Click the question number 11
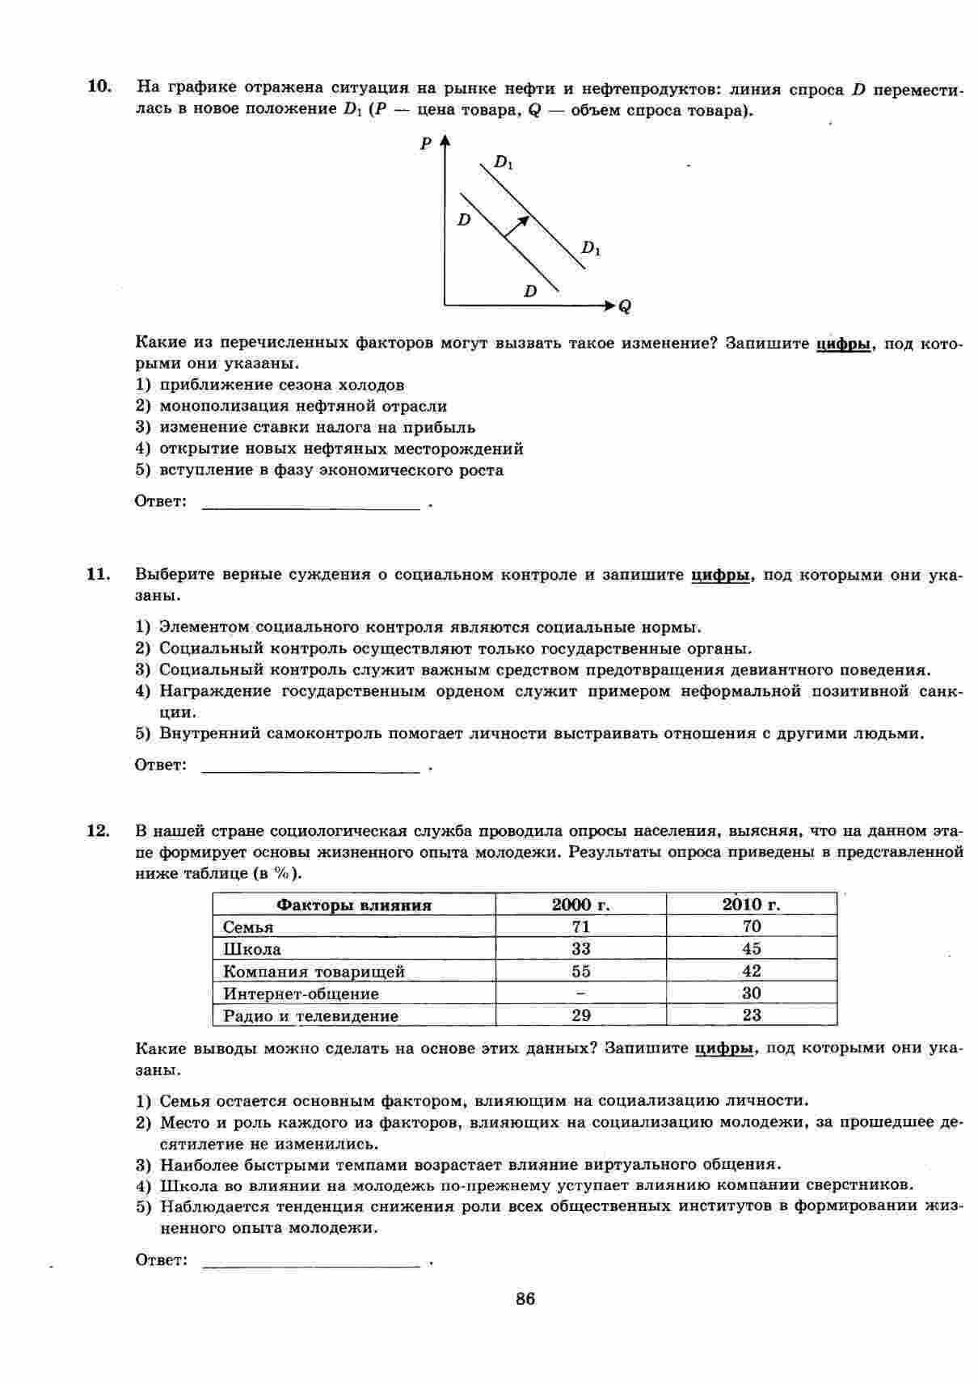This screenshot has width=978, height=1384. coord(98,575)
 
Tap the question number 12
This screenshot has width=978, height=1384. coord(98,830)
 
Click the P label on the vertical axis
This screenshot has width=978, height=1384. coord(425,144)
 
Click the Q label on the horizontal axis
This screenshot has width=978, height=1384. coord(625,307)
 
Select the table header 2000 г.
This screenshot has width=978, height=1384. coord(580,905)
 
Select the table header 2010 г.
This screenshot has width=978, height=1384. coord(751,905)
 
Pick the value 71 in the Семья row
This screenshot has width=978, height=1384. coord(580,927)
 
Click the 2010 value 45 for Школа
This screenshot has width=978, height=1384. coord(751,949)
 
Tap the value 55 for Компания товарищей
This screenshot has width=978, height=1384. coord(580,972)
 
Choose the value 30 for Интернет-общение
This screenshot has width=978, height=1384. coord(751,994)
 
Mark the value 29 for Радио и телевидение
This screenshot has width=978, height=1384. coord(580,1015)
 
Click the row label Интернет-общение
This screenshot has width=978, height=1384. coord(301,994)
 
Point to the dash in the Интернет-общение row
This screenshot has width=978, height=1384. coord(580,994)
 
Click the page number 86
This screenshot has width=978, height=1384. coord(525,1299)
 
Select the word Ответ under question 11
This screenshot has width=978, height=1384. coord(160,765)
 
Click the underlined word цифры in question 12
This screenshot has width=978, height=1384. coord(724,1049)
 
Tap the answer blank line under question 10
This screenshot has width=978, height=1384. coord(310,507)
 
